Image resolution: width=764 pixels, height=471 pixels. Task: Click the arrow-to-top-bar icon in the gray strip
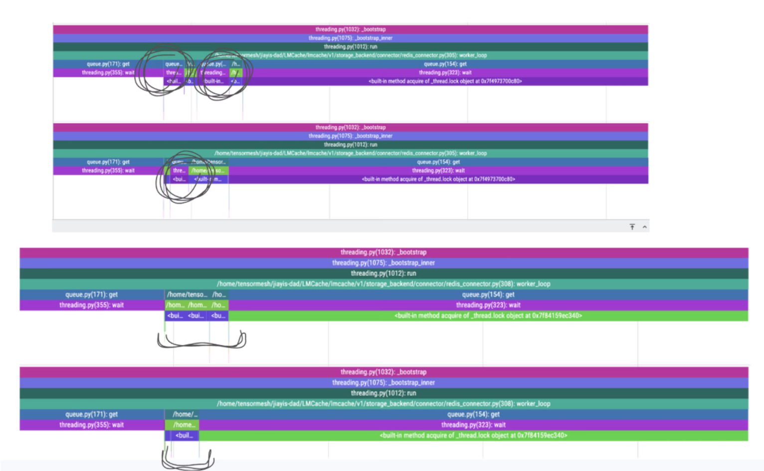pos(632,227)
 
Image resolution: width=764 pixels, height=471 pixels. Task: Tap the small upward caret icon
pos(644,227)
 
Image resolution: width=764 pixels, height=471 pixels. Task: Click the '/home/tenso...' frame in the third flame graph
pos(187,294)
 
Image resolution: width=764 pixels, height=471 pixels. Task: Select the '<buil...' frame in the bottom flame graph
pos(184,436)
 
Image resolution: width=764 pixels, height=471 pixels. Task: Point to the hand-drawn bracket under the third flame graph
pos(201,342)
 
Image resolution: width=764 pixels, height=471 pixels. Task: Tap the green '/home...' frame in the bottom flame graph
pos(184,425)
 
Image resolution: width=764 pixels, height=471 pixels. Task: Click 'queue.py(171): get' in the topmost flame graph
pos(108,64)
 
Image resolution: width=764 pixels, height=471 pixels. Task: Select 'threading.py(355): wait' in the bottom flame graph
pos(91,425)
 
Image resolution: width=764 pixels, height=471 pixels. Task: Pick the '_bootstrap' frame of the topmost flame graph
pos(350,29)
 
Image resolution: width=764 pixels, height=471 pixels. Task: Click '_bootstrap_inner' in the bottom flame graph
pos(383,383)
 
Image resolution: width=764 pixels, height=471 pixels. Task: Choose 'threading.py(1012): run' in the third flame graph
pos(383,273)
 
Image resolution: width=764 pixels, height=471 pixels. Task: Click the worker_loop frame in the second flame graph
pos(350,153)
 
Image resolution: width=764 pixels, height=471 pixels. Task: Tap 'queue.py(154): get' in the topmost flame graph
pos(445,64)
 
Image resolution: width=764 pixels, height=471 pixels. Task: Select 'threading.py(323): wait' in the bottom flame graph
pos(473,425)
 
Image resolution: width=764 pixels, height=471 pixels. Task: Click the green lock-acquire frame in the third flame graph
pos(488,316)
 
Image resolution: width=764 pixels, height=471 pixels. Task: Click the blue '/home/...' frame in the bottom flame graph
pos(185,414)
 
